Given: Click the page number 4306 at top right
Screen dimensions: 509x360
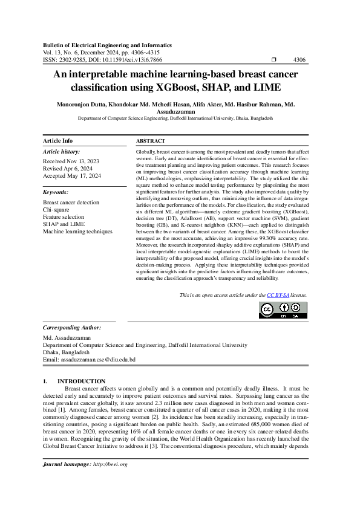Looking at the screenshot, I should pyautogui.click(x=299, y=60).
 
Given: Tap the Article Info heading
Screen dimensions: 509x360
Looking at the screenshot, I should pyautogui.click(x=57, y=140).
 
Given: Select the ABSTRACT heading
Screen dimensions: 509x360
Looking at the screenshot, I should pyautogui.click(x=151, y=140).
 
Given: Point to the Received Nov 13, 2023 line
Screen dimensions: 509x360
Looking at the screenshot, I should pyautogui.click(x=72, y=162).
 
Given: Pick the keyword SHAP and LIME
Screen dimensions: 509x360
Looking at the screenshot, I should pyautogui.click(x=64, y=224).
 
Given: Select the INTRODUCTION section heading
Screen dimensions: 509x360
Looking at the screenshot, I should pyautogui.click(x=81, y=381).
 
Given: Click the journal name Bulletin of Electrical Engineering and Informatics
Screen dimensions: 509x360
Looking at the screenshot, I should pyautogui.click(x=107, y=45).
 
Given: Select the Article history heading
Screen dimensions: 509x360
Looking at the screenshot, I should pyautogui.click(x=61, y=152).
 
